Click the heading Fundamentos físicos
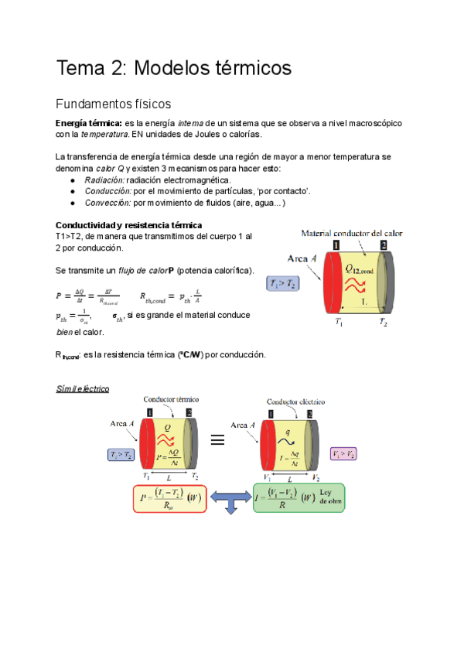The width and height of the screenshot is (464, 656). pyautogui.click(x=113, y=104)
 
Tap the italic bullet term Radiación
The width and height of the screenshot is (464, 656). pyautogui.click(x=104, y=179)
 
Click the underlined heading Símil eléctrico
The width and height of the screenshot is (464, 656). pyautogui.click(x=82, y=388)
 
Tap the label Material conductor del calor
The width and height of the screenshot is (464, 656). pyautogui.click(x=350, y=233)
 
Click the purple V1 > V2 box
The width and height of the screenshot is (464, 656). pyautogui.click(x=343, y=454)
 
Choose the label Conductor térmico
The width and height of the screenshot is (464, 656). pyautogui.click(x=172, y=399)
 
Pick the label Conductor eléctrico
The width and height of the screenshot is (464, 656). pyautogui.click(x=295, y=401)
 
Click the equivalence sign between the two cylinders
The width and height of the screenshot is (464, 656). pyautogui.click(x=217, y=439)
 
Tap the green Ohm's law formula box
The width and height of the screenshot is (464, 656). pyautogui.click(x=299, y=497)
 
